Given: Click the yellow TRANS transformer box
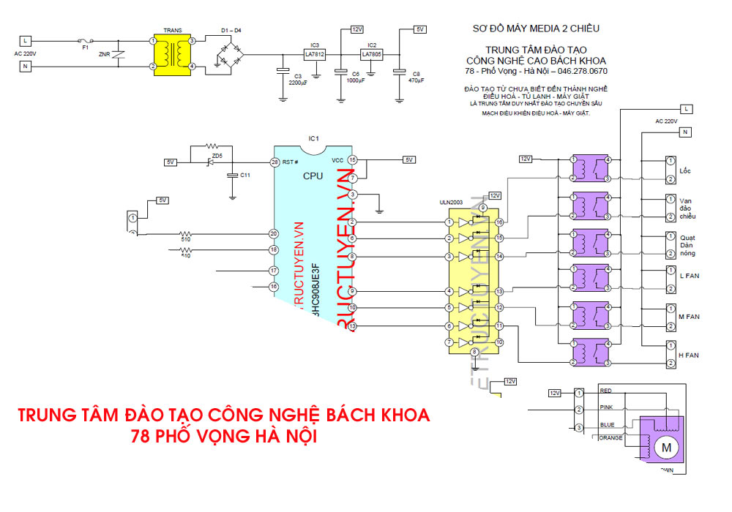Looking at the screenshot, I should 172,54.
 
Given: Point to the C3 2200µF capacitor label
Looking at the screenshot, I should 299,79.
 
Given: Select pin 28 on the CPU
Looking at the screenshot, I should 274,162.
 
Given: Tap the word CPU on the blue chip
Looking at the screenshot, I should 313,176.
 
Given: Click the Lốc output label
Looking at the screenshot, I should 685,171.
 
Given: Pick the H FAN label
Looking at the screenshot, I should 690,355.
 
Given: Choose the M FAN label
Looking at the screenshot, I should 690,316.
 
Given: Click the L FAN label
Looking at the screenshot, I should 689,276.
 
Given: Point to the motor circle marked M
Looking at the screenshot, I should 665,446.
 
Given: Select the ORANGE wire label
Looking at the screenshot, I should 610,438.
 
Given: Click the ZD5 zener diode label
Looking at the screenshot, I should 216,156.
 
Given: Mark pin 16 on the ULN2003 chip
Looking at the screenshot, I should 499,222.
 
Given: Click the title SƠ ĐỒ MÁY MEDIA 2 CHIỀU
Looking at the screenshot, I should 537,29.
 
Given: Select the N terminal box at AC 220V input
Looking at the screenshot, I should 26,67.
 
